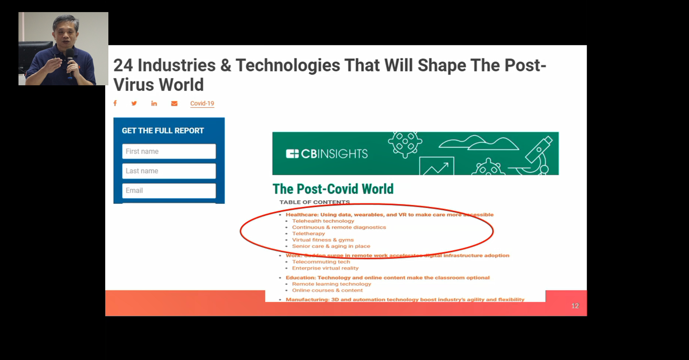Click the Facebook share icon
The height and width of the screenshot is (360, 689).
click(115, 103)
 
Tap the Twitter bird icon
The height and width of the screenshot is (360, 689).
click(134, 103)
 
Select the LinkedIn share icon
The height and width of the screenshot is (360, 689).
click(154, 103)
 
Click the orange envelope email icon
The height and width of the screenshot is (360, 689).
click(174, 103)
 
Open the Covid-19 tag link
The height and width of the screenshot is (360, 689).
click(202, 103)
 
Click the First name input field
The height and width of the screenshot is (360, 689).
click(169, 151)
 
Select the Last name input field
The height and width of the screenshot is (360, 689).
click(169, 171)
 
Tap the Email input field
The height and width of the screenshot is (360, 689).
click(169, 190)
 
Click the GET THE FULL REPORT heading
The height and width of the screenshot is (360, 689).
click(163, 131)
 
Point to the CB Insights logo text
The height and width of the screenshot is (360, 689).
click(327, 154)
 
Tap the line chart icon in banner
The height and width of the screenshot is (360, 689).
click(436, 166)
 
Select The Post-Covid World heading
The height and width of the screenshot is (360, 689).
click(333, 189)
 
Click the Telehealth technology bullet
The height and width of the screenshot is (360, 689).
click(323, 221)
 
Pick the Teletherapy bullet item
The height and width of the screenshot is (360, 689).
click(308, 233)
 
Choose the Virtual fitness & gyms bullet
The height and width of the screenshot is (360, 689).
click(323, 240)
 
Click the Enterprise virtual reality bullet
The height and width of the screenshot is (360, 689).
click(325, 268)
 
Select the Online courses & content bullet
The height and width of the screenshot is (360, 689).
click(327, 290)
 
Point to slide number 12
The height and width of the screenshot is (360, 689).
click(575, 306)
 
